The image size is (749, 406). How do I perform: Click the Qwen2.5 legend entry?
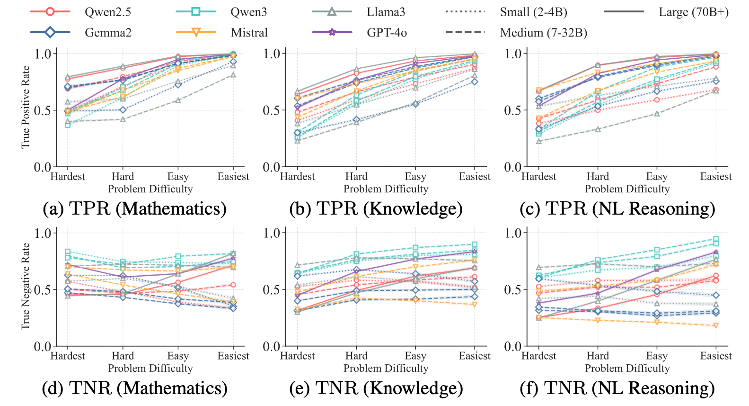107,12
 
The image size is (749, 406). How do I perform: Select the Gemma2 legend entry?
108,33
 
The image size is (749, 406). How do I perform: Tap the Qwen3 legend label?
248,12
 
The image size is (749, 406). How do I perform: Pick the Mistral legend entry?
249,33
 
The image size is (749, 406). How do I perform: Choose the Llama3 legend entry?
386,12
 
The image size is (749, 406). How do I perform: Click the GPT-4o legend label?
387,33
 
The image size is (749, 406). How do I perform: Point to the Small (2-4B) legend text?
533,12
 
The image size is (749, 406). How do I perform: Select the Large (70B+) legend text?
693,12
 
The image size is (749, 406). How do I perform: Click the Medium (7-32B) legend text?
543,33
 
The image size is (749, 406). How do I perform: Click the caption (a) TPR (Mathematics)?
135,208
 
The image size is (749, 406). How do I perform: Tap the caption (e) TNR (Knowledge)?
376,388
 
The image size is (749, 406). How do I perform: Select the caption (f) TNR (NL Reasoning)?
617,388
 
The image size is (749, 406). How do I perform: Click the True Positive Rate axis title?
26,107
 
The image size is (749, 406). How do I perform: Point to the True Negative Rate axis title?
26,287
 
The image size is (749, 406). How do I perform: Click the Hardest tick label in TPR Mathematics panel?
68,177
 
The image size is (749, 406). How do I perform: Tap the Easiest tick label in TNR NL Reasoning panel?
716,356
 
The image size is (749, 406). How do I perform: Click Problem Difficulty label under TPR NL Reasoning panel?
627,189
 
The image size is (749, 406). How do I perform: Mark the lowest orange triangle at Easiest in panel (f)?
716,325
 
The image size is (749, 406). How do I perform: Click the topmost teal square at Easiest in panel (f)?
716,239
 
